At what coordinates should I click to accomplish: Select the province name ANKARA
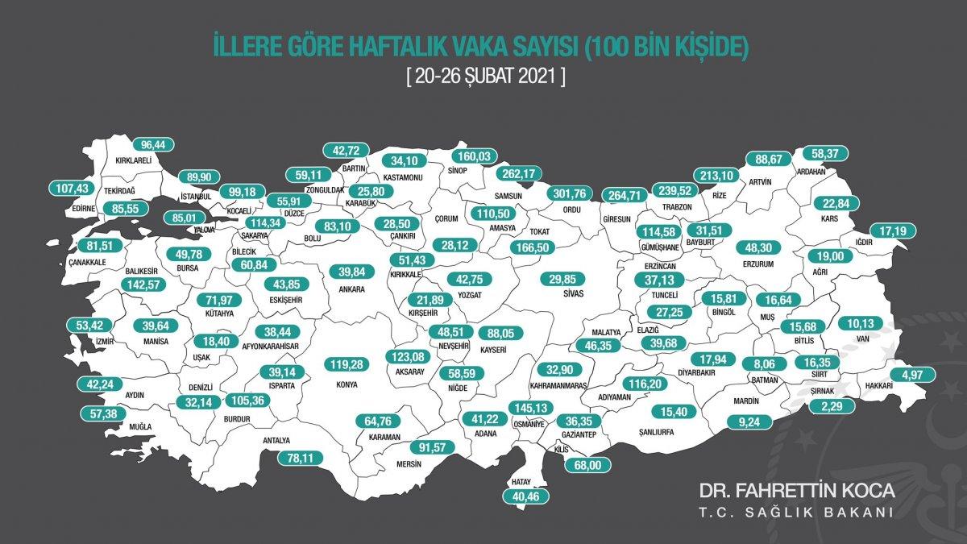352,289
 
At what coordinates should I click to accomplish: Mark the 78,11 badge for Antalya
293,457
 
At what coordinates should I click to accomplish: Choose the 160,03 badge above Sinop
457,156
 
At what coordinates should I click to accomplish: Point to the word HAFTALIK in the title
400,47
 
